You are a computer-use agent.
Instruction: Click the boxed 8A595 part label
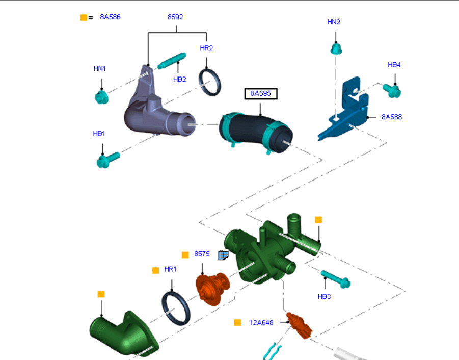tap(260, 94)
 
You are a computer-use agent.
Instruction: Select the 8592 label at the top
tap(175, 17)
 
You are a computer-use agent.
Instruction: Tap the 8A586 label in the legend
tap(110, 17)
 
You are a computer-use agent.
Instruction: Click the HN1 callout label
tap(100, 68)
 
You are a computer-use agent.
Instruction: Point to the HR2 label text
tap(206, 48)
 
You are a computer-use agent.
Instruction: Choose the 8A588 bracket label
tap(392, 117)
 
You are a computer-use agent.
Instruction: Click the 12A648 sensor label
tap(261, 322)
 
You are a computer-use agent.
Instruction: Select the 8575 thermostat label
tap(202, 254)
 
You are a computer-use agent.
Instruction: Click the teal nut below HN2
tap(336, 49)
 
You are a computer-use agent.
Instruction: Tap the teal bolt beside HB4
tap(392, 91)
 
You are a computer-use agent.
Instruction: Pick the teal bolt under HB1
tap(107, 159)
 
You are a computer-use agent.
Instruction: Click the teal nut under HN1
tap(101, 96)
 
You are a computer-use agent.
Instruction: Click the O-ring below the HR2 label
tap(210, 82)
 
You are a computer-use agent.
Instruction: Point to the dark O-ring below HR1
tap(176, 308)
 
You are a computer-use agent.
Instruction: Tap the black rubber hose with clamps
tap(256, 132)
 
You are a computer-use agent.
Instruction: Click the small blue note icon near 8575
tap(223, 255)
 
